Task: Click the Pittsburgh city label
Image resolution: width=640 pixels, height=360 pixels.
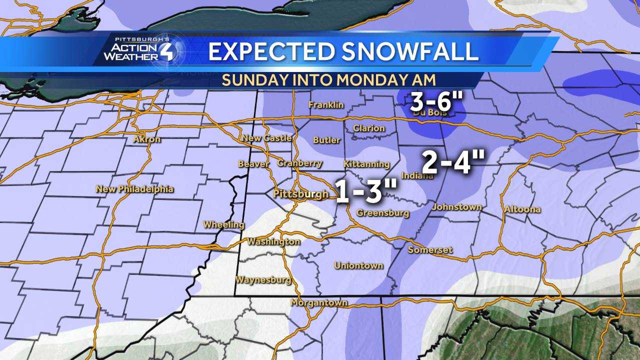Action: tap(300, 194)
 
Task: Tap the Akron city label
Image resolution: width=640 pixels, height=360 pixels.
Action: tap(146, 139)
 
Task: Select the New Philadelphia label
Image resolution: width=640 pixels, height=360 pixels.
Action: tap(134, 189)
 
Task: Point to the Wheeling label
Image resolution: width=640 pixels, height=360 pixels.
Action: tap(223, 225)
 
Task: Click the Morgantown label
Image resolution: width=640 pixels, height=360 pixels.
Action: tap(319, 302)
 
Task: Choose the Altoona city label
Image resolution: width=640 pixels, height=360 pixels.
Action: tap(522, 209)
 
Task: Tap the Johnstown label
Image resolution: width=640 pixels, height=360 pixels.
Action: tap(456, 206)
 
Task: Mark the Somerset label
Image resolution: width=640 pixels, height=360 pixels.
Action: tap(430, 249)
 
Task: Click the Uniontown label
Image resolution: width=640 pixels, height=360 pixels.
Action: tap(358, 265)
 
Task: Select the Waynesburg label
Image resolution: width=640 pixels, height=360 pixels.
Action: tap(263, 279)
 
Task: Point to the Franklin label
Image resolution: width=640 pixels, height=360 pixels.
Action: tap(326, 104)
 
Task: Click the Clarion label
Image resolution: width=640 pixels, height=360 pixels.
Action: tap(368, 128)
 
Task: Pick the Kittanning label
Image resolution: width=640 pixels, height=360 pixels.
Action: tap(366, 164)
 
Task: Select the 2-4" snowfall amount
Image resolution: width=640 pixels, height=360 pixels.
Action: tap(453, 162)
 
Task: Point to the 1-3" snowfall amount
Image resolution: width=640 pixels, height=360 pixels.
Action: tap(366, 191)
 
